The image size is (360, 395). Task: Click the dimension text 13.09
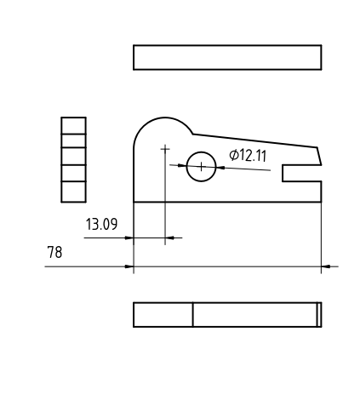101,225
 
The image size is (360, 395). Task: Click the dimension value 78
54,253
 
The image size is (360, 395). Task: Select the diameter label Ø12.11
249,155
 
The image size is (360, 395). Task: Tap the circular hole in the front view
201,166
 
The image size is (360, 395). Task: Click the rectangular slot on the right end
303,172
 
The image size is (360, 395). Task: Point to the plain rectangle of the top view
227,57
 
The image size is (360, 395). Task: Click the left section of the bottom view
163,314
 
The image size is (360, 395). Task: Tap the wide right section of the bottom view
254,314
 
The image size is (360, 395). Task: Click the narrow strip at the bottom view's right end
319,314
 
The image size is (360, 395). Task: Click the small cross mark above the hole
165,148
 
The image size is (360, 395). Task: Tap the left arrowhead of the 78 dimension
129,266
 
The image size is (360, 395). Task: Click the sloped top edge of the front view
255,140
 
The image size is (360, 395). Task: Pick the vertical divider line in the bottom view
193,314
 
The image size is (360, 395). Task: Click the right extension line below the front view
322,238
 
